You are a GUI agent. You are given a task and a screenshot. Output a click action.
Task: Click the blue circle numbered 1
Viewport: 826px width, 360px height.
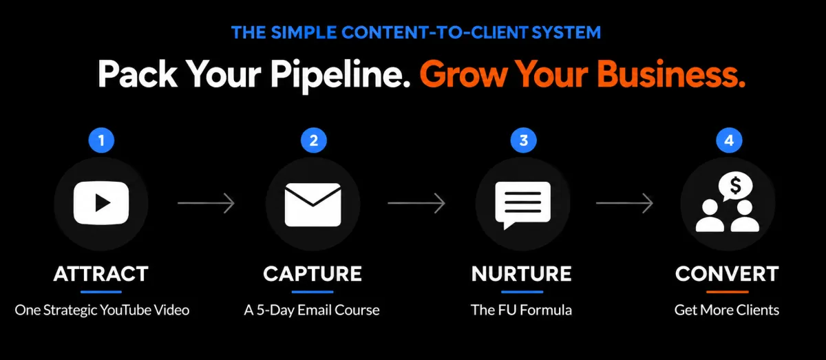click(101, 140)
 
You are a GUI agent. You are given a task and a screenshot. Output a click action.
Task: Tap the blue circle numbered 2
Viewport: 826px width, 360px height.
click(313, 140)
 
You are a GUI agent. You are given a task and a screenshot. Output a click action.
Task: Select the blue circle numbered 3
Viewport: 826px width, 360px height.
click(523, 140)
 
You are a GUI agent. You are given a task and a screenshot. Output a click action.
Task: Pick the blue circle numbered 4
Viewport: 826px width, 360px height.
click(729, 140)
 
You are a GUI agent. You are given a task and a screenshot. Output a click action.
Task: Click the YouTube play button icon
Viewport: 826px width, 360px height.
click(101, 203)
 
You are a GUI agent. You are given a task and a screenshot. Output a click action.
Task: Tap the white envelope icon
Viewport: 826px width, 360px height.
click(313, 204)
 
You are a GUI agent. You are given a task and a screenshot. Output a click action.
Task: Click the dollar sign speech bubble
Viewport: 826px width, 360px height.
click(735, 187)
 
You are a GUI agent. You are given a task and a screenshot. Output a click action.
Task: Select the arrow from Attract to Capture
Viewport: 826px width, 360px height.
click(206, 203)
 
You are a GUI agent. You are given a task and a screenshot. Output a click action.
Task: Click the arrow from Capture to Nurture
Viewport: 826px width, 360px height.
click(416, 203)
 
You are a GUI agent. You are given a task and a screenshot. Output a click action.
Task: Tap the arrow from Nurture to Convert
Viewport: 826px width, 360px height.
click(625, 203)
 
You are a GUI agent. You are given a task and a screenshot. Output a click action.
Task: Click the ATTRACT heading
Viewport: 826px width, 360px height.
click(101, 274)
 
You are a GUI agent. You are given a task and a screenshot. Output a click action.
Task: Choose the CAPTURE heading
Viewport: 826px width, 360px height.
click(313, 274)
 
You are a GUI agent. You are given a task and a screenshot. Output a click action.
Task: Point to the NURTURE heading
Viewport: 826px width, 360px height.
click(522, 274)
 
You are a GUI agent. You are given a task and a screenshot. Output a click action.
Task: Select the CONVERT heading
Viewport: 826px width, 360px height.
click(727, 274)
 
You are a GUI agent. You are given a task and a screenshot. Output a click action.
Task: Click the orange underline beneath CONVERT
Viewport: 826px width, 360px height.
click(728, 292)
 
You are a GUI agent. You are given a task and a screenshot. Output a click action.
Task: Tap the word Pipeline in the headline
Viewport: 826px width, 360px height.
click(340, 76)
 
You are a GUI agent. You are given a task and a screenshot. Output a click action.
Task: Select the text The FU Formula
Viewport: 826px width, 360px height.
click(522, 310)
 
